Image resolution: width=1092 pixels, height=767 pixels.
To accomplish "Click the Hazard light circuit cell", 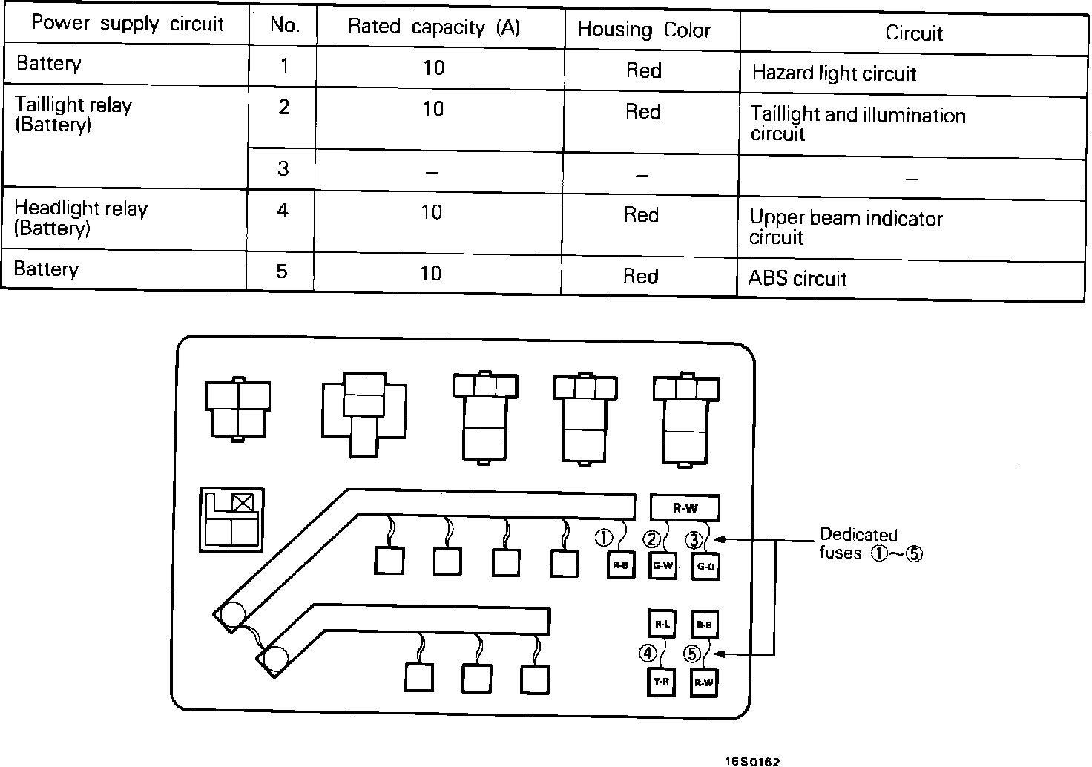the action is (x=834, y=73).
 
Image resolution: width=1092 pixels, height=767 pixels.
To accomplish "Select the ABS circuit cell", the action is (x=797, y=279).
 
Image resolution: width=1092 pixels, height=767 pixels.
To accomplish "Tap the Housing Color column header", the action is (x=644, y=30).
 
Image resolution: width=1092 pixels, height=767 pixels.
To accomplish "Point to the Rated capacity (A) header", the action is (x=434, y=27).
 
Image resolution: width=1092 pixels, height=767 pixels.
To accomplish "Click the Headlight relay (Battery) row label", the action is (x=81, y=218).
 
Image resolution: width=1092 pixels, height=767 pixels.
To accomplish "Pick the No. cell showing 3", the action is (x=283, y=169).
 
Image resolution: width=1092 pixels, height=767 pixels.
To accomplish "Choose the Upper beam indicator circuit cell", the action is (x=846, y=227).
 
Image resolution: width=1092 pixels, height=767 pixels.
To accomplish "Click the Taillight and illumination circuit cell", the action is (x=858, y=124).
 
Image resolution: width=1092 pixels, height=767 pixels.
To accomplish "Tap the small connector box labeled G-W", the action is (x=662, y=567).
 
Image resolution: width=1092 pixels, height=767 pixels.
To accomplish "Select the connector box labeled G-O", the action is (x=705, y=567).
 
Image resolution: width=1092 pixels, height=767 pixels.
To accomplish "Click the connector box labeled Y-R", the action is (x=661, y=681).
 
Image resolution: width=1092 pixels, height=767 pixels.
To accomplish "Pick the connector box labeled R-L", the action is (x=662, y=625).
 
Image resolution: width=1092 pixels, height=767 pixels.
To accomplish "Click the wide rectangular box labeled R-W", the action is (x=685, y=508).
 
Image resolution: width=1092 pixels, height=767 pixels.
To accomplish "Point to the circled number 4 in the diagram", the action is (x=648, y=654).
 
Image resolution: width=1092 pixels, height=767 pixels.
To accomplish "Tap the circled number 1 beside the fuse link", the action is (x=604, y=537).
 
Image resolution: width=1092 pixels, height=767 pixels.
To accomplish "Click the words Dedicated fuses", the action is (x=858, y=544).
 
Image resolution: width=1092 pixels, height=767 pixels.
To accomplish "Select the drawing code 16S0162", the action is (x=754, y=761).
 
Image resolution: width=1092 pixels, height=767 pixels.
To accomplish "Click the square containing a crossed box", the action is (x=243, y=502).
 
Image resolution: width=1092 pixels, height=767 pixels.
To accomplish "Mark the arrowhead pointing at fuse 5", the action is (x=722, y=655).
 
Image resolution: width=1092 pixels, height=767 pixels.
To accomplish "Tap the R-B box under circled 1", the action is (x=621, y=566).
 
